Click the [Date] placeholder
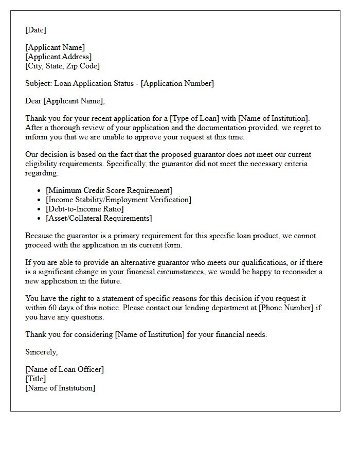click(x=35, y=30)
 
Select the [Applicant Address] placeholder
click(x=58, y=57)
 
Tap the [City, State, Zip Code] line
click(x=62, y=66)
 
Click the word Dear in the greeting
click(x=33, y=101)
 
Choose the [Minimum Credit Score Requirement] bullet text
click(x=109, y=191)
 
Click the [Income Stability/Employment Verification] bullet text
click(x=118, y=200)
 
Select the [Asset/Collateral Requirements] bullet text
click(x=99, y=219)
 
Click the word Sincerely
click(x=42, y=352)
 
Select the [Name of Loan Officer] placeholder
click(x=64, y=370)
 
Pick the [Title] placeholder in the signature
click(x=35, y=379)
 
